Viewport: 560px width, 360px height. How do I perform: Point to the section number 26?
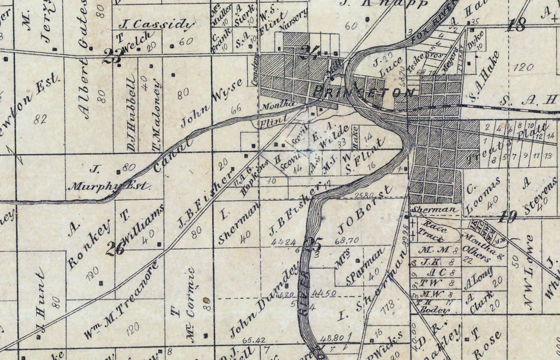[115, 248]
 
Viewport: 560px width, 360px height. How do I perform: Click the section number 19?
[507, 217]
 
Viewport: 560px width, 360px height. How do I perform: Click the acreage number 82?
[40, 119]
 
